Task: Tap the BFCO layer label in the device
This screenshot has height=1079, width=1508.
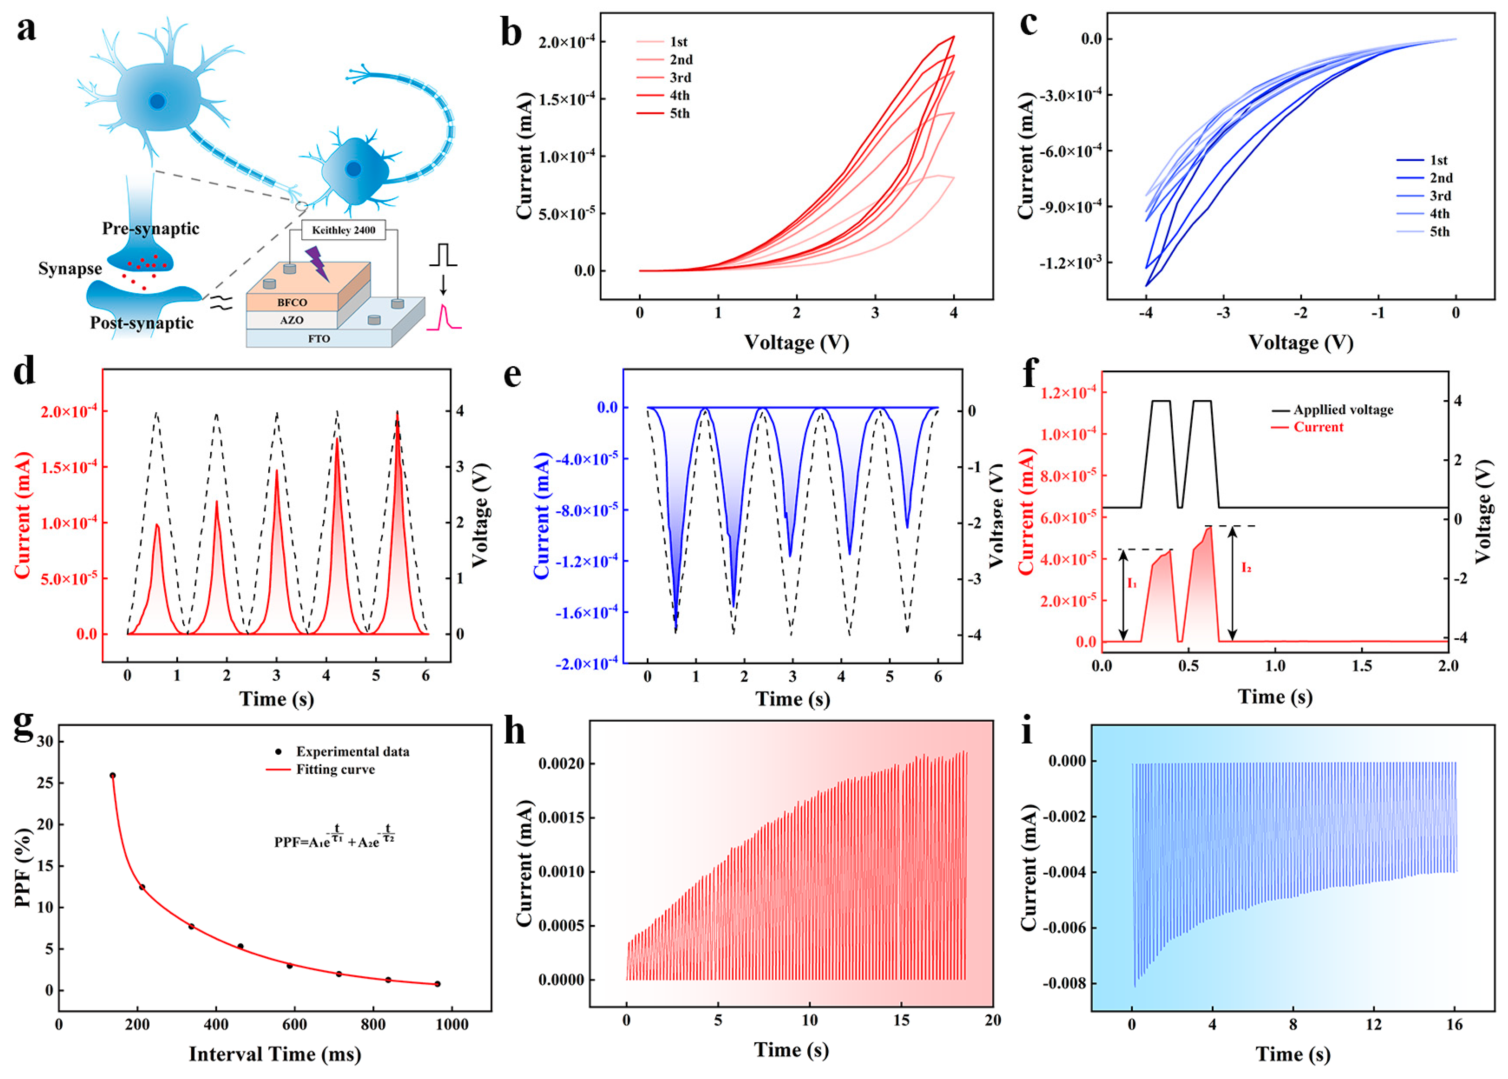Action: click(x=292, y=302)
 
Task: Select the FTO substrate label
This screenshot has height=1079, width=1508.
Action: click(x=319, y=339)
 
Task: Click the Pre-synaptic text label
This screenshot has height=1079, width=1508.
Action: click(x=151, y=228)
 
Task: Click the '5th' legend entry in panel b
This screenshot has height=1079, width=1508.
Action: click(x=678, y=114)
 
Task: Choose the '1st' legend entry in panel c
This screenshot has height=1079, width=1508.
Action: click(x=1438, y=160)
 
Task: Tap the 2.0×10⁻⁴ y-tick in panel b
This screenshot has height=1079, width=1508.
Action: click(x=566, y=42)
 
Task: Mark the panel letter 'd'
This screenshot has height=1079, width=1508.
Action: click(x=25, y=372)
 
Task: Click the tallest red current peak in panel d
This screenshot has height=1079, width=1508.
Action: click(x=397, y=415)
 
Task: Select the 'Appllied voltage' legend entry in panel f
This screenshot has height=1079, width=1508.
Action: click(x=1342, y=410)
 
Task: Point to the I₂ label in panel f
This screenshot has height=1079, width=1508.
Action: click(x=1246, y=567)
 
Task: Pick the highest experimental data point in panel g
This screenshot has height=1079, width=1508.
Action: click(x=112, y=775)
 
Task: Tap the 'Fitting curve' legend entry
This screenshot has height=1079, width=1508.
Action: click(x=335, y=770)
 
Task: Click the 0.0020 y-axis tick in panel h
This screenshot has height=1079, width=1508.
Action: click(x=561, y=764)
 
